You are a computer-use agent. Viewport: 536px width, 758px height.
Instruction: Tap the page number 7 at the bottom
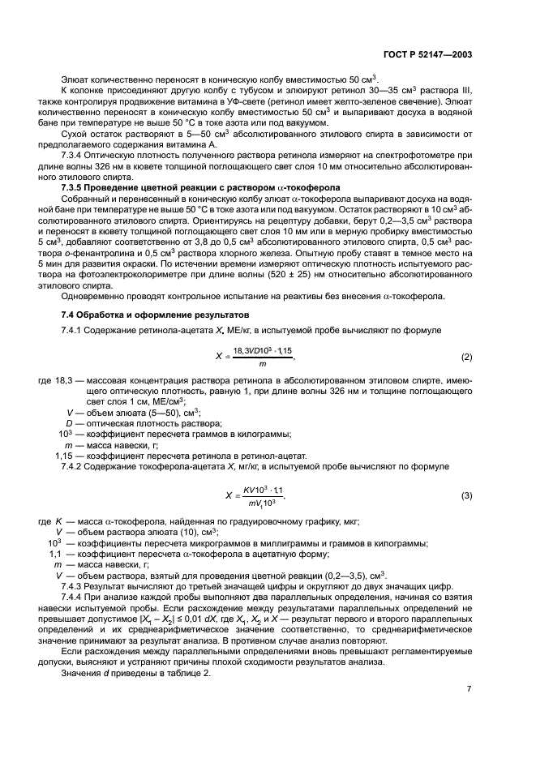click(470, 690)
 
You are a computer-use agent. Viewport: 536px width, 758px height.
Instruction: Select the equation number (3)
click(466, 495)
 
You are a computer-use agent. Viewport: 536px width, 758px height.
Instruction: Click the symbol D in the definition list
click(69, 423)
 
